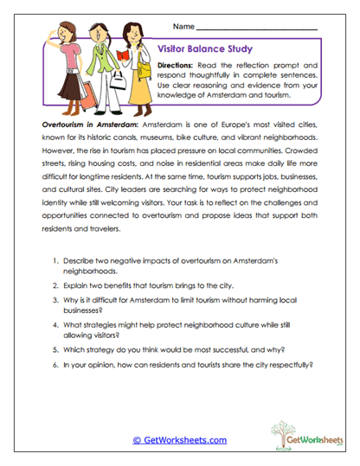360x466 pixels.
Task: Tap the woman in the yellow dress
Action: (133, 61)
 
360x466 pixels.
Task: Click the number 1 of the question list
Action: (56, 260)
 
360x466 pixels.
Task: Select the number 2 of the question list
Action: (56, 284)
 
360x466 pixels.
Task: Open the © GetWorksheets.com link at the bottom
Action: (179, 439)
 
